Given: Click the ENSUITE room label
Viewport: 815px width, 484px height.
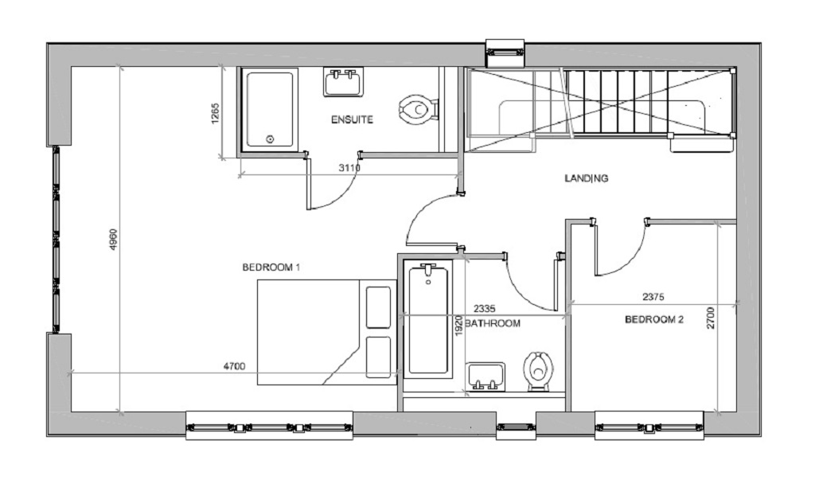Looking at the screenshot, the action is pyautogui.click(x=352, y=119).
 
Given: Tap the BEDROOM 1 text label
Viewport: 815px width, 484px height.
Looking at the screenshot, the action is pyautogui.click(x=271, y=267).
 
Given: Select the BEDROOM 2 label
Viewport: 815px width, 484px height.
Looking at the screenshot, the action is pyautogui.click(x=654, y=319).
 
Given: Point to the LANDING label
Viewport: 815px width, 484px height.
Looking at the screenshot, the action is pyautogui.click(x=587, y=178).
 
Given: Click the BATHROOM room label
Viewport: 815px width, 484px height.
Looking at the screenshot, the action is pyautogui.click(x=492, y=323).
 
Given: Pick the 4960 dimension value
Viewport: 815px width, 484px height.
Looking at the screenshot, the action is pyautogui.click(x=114, y=239).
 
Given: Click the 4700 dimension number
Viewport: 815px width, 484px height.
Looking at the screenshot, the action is pyautogui.click(x=234, y=366).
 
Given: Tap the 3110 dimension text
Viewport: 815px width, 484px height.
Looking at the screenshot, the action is pyautogui.click(x=349, y=168).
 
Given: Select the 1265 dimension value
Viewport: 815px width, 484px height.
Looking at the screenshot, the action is pyautogui.click(x=215, y=114).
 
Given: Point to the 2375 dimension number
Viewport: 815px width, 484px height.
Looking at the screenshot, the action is pyautogui.click(x=653, y=298).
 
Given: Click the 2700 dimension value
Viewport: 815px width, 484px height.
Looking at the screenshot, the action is pyautogui.click(x=711, y=318).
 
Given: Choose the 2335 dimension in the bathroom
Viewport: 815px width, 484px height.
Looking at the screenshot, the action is pyautogui.click(x=485, y=309).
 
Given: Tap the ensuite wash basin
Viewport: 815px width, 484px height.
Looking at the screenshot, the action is pyautogui.click(x=343, y=82).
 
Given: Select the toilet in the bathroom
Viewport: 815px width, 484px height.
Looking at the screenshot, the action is pyautogui.click(x=538, y=371).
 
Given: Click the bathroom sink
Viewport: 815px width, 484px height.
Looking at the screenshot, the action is pyautogui.click(x=485, y=377).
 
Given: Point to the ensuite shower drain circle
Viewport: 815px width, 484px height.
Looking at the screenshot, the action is pyautogui.click(x=270, y=139).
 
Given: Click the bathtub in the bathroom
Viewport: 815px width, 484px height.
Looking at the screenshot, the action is pyautogui.click(x=428, y=320).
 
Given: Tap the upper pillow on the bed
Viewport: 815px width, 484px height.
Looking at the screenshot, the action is pyautogui.click(x=378, y=307).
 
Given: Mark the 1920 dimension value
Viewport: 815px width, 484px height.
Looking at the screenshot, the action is pyautogui.click(x=458, y=325).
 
